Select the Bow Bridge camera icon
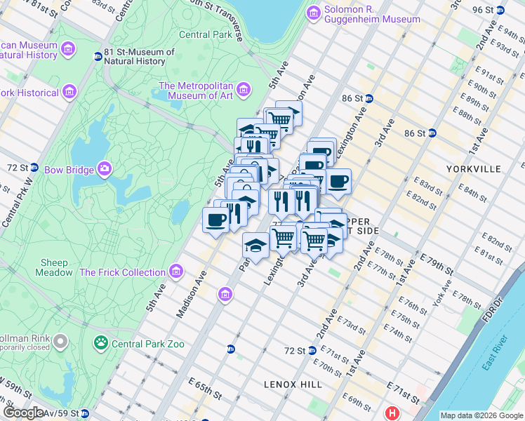tap(105, 168)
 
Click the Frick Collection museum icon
tap(175, 272)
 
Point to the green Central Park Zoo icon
tap(101, 343)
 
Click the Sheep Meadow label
tap(54, 267)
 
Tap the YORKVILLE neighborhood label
tap(473, 169)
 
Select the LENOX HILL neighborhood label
tap(293, 385)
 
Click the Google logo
tap(24, 413)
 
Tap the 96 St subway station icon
tap(499, 11)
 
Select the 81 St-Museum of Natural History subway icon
tap(98, 56)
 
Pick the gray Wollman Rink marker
tap(61, 342)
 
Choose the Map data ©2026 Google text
tap(481, 415)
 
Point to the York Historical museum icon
tap(69, 92)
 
